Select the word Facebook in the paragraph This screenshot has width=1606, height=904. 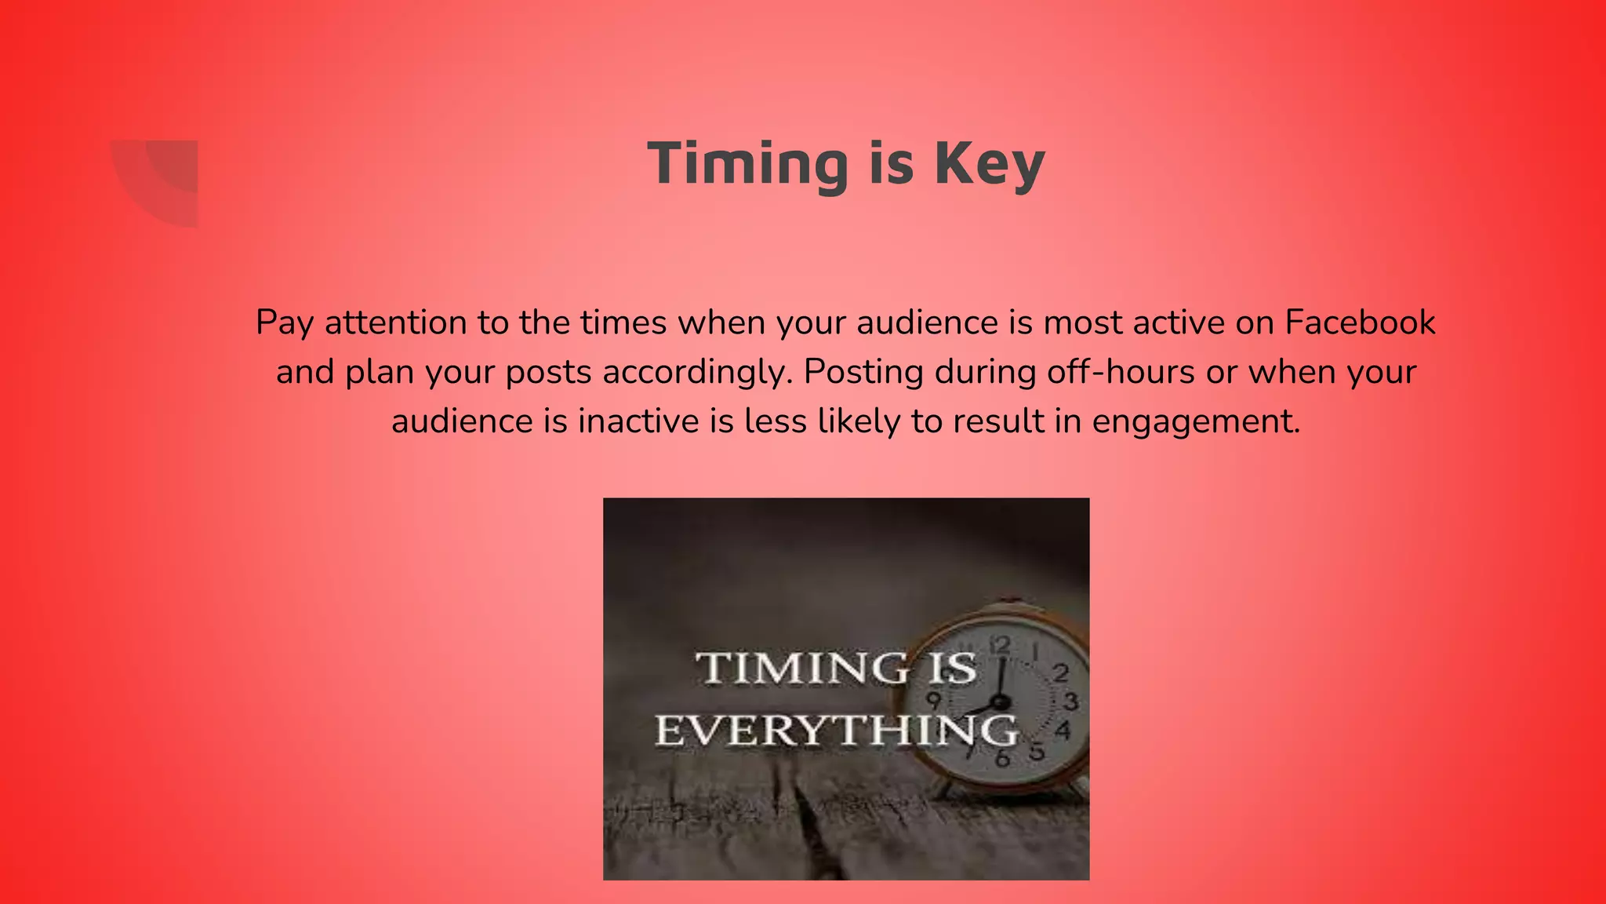click(1360, 323)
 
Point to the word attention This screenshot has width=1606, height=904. click(396, 323)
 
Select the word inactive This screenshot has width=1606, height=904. click(638, 421)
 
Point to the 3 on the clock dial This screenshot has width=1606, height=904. click(1070, 701)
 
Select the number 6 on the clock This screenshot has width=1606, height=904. click(1002, 759)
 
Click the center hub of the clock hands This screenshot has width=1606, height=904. click(999, 702)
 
